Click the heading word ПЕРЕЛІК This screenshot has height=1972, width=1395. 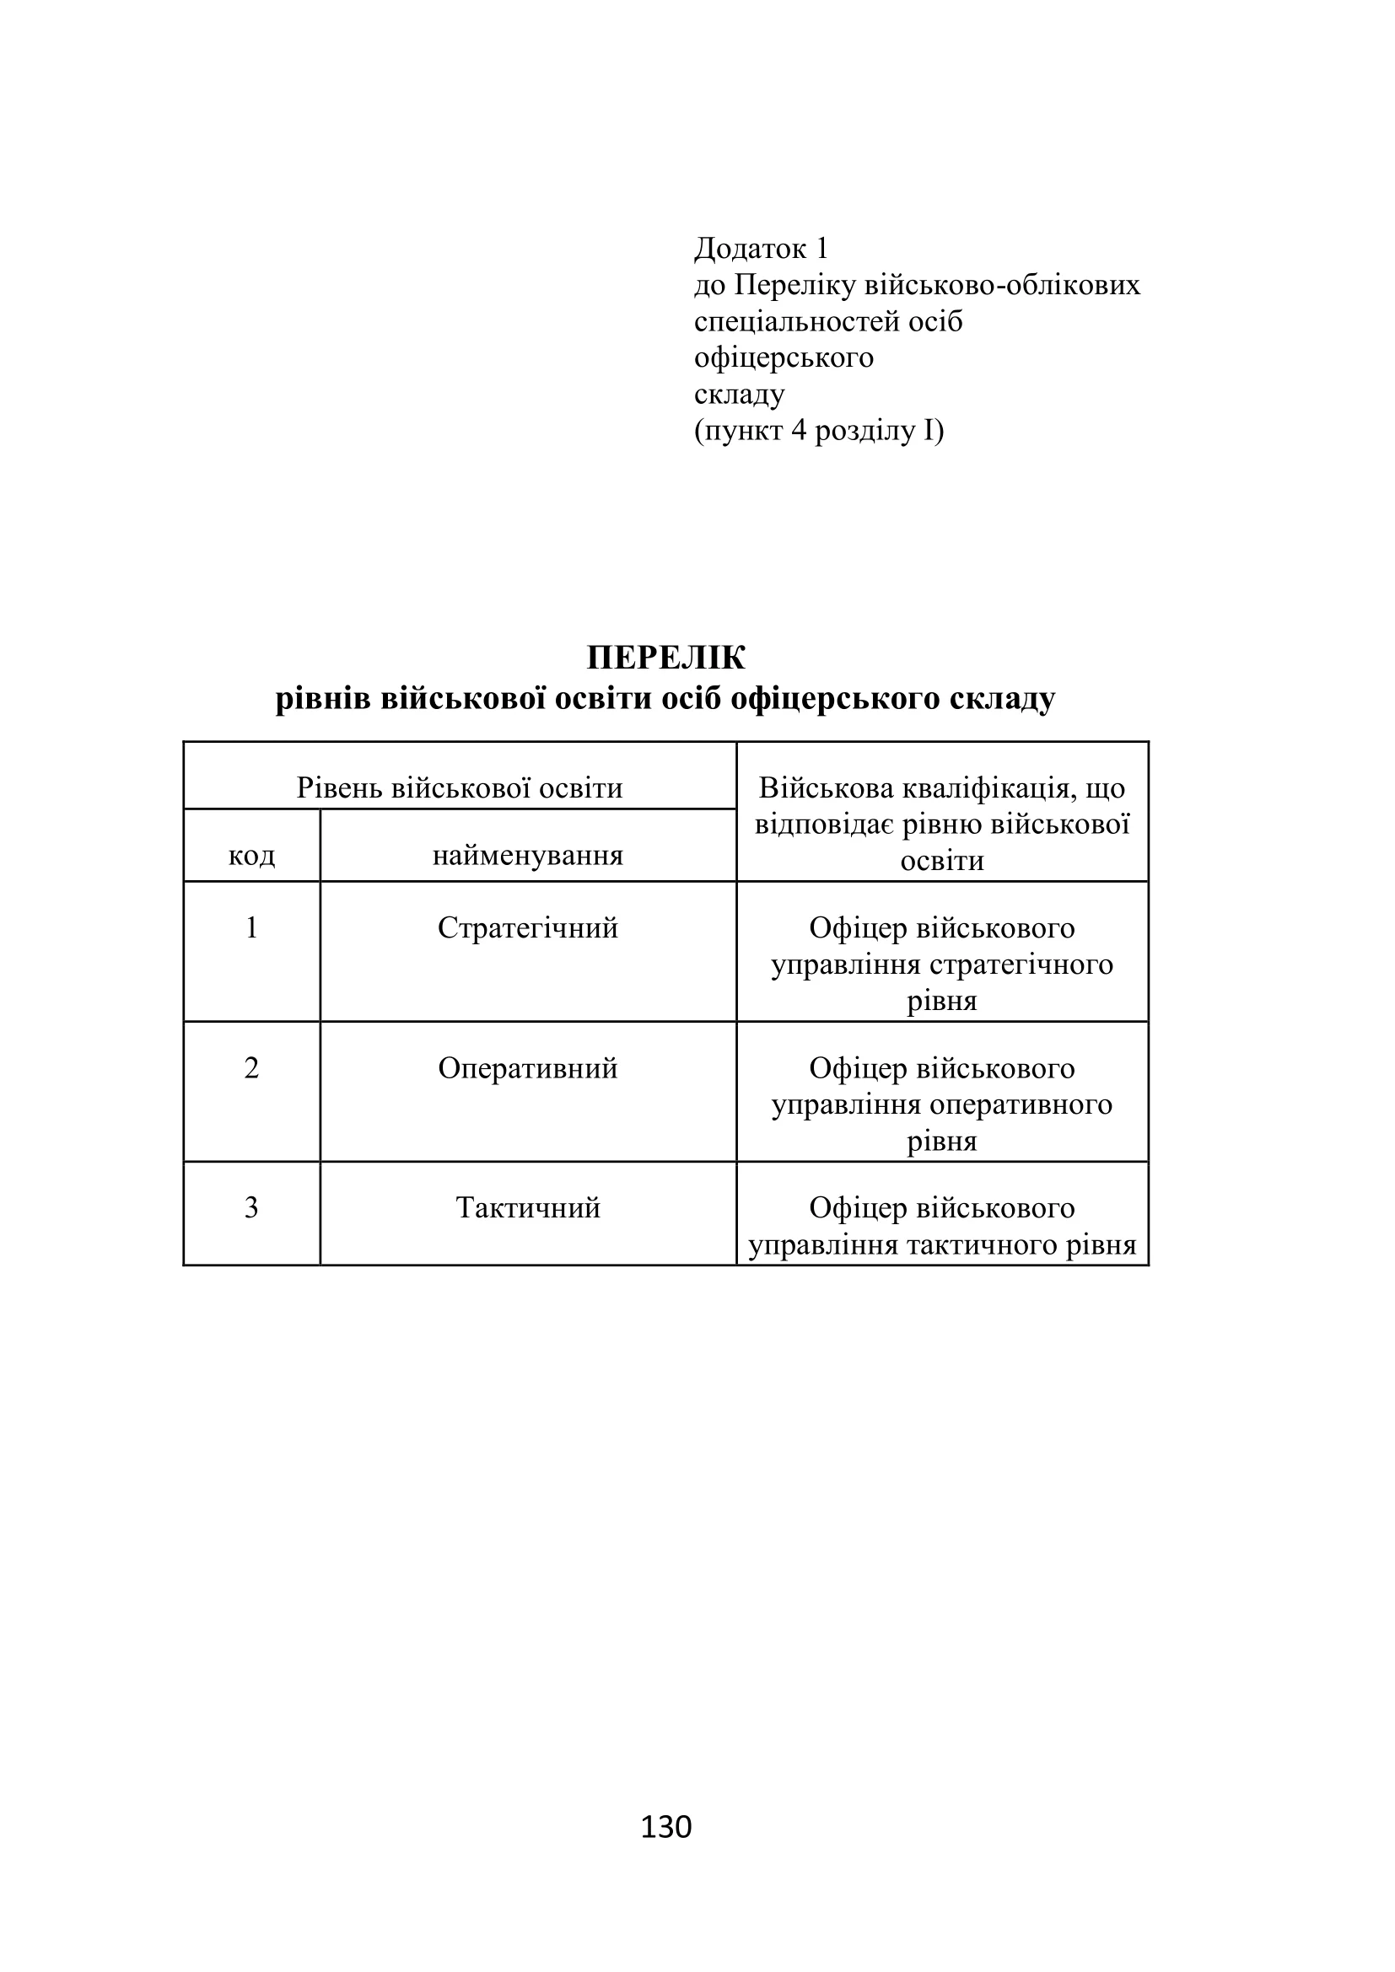[665, 658]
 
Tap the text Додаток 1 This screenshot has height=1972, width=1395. [761, 248]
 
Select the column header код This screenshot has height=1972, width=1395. [251, 856]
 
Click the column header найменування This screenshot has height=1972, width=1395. [527, 856]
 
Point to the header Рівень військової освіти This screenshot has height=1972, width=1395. [460, 787]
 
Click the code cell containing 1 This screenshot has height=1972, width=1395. [251, 927]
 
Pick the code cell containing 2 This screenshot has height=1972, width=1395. [251, 1067]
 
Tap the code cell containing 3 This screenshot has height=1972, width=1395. [251, 1207]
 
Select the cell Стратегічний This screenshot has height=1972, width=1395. [527, 927]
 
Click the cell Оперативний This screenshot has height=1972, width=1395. [527, 1067]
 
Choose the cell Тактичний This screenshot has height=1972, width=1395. [527, 1207]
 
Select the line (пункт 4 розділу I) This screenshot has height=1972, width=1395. [819, 430]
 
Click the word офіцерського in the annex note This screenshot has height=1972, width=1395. [784, 357]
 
